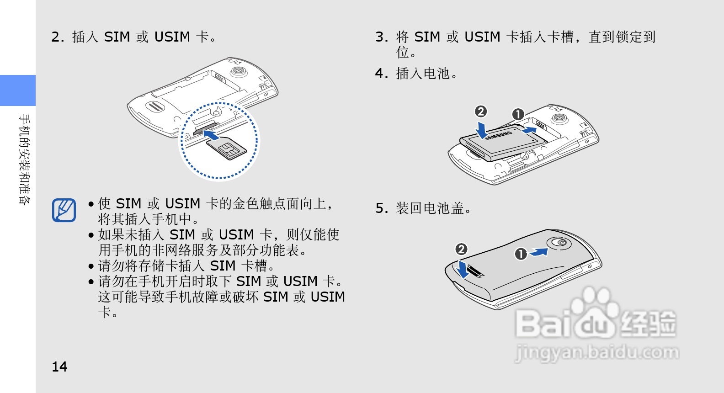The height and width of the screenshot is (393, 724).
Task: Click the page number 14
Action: tap(59, 366)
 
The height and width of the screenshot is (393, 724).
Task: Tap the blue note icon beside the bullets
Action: tap(64, 210)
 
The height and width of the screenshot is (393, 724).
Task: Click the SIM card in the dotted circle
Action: tap(227, 148)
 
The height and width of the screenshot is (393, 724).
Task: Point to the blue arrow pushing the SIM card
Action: tap(211, 135)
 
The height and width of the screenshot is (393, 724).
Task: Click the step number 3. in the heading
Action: tap(381, 37)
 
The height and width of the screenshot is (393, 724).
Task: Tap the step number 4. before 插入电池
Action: tap(381, 74)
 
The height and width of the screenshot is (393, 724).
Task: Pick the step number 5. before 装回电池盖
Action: tap(381, 208)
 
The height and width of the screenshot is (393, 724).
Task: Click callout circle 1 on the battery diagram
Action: tap(518, 114)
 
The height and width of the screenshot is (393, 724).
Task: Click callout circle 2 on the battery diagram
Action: tap(480, 112)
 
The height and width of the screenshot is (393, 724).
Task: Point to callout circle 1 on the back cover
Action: tap(521, 254)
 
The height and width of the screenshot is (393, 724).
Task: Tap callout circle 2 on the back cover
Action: tap(461, 249)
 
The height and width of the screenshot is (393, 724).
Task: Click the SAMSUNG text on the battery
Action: tap(499, 135)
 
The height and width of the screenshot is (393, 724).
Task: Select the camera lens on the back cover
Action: tap(561, 243)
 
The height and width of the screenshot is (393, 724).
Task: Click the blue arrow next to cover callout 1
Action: tap(539, 252)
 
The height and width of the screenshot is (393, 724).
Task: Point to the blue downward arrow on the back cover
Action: tap(463, 269)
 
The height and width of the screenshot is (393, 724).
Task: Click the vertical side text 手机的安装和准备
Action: tap(25, 159)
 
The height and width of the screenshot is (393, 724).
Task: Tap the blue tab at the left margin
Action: tap(18, 90)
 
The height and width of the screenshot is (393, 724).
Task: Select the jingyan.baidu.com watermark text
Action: tap(596, 353)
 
